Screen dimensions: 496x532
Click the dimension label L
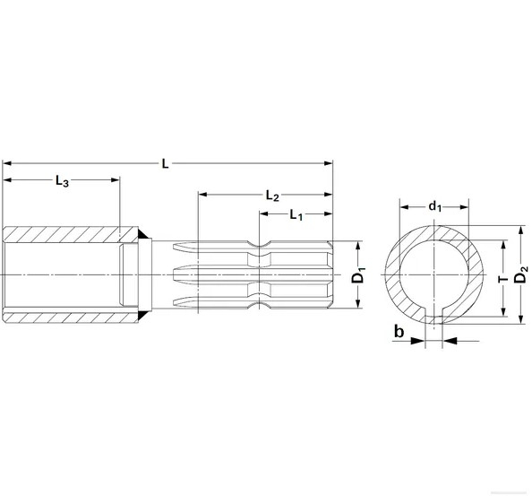pos(165,163)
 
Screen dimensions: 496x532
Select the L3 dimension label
pos(62,180)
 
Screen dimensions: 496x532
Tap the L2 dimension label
pos(274,195)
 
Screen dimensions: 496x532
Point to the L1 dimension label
pos(296,214)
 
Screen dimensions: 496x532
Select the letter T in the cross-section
pos(503,277)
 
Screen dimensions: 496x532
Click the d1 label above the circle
pos(434,206)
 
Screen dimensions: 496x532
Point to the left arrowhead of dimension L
pos(7,163)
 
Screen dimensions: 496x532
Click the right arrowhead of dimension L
pos(328,163)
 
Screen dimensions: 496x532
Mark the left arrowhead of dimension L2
pos(203,195)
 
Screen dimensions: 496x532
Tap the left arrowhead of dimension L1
pos(264,214)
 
